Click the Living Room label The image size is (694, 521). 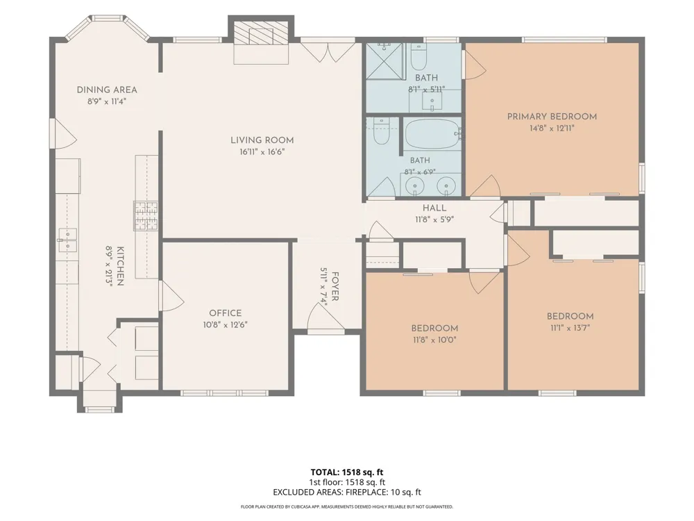pyautogui.click(x=262, y=140)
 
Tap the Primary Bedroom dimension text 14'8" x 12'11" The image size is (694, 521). pyautogui.click(x=552, y=129)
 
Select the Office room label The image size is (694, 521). pyautogui.click(x=226, y=313)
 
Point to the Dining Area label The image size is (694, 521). pyautogui.click(x=107, y=90)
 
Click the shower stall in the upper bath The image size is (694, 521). pyautogui.click(x=385, y=61)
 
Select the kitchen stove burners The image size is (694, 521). pyautogui.click(x=146, y=216)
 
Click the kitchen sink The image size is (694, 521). pyautogui.click(x=67, y=240)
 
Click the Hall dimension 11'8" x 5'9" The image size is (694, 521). pyautogui.click(x=434, y=220)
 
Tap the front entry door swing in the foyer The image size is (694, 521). pyautogui.click(x=325, y=317)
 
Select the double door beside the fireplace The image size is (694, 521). pyautogui.click(x=328, y=50)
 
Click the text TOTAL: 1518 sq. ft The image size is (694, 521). pyautogui.click(x=347, y=472)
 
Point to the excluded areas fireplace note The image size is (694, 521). pyautogui.click(x=347, y=493)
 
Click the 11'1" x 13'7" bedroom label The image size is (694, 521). pyautogui.click(x=570, y=329)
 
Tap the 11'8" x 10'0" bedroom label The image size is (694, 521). pyautogui.click(x=434, y=340)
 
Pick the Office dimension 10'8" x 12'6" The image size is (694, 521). pyautogui.click(x=226, y=325)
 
